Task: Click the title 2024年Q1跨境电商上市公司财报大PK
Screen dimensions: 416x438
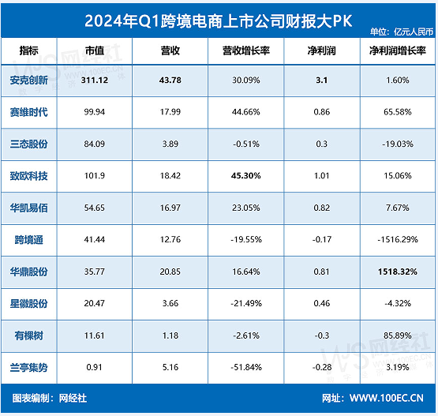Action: (x=219, y=17)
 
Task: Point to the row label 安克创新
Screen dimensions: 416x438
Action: (x=30, y=80)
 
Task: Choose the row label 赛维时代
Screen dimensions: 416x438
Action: (x=30, y=111)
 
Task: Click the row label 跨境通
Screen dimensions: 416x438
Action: (x=30, y=239)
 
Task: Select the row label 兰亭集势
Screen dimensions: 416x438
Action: (x=30, y=367)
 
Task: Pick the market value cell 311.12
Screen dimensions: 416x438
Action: (x=95, y=80)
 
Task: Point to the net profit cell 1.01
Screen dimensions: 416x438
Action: (x=322, y=175)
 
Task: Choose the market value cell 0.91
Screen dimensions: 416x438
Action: (x=95, y=367)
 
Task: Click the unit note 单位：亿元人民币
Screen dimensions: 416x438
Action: (x=401, y=32)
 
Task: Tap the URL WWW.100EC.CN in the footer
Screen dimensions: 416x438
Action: (x=392, y=398)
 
